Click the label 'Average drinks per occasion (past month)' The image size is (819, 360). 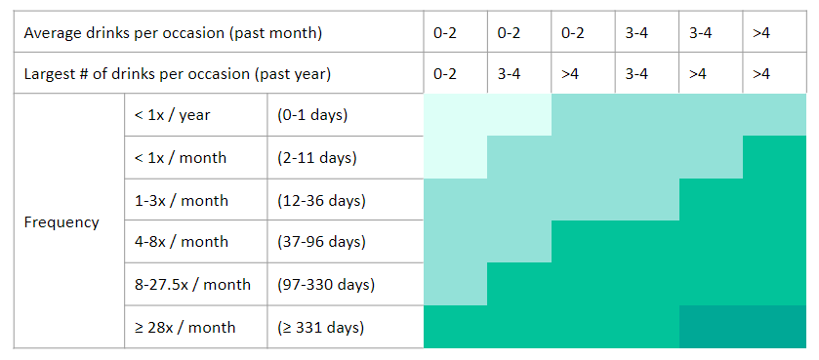[173, 33]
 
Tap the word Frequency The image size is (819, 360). [61, 222]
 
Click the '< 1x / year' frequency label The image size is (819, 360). [173, 115]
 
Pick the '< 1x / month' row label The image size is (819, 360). [181, 158]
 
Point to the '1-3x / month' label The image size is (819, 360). [182, 200]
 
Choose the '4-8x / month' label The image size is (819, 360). [182, 242]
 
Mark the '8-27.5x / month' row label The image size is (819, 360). [192, 285]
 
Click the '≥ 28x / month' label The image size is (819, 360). [184, 328]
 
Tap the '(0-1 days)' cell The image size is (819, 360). [312, 115]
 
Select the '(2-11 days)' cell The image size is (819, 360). [317, 158]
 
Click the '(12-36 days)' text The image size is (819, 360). [321, 200]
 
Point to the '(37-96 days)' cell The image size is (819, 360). [321, 242]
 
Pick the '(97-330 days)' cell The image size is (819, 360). [326, 285]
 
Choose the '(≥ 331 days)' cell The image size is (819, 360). [320, 328]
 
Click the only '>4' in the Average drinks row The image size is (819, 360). [761, 33]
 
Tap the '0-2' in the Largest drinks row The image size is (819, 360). [445, 74]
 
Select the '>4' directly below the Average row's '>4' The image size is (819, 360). [761, 74]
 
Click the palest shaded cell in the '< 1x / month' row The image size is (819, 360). [456, 157]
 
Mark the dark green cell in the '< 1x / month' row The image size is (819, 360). [775, 157]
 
